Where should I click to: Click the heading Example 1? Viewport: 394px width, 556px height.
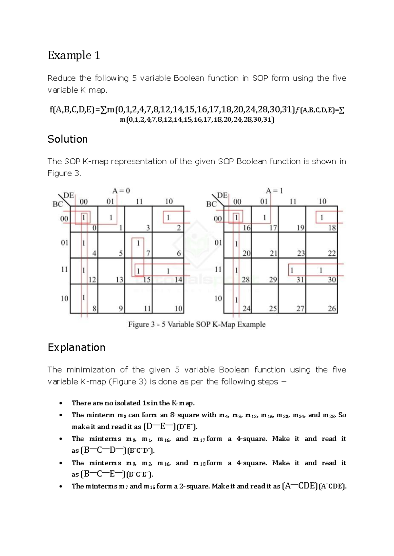coord(74,55)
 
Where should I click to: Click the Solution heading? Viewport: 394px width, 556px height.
coord(67,139)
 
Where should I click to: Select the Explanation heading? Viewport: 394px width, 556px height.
coord(76,347)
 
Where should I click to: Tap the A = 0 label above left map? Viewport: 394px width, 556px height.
coord(121,190)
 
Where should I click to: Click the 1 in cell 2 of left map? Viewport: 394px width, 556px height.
coord(168,217)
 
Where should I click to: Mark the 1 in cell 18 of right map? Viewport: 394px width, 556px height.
coord(322,217)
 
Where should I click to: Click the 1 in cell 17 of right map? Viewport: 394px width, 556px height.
coord(264,217)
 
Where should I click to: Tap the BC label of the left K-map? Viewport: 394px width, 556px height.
coord(57,204)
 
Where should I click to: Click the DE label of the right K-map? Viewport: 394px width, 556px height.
coord(222,195)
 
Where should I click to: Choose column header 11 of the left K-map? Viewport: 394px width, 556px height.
coord(139,201)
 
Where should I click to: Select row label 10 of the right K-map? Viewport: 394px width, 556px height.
coord(218,298)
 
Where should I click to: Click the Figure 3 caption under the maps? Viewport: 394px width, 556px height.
coord(197,325)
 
